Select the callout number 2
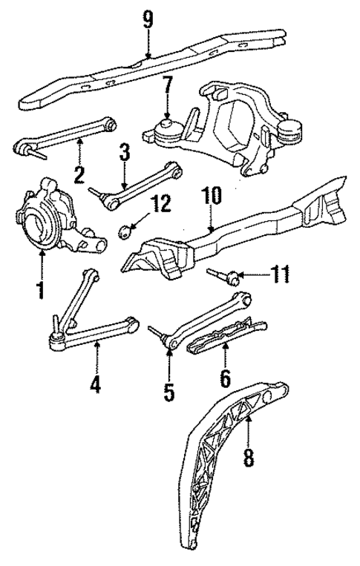(x=79, y=174)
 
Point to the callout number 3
(x=124, y=153)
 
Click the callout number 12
(x=160, y=203)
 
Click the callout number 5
(x=169, y=390)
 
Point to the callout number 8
(x=248, y=458)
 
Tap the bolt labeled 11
(x=227, y=277)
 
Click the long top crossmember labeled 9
(x=148, y=70)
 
